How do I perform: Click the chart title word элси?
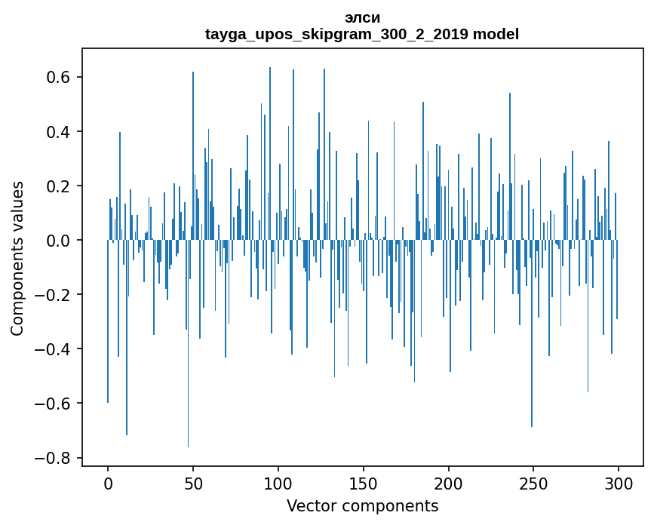(x=362, y=17)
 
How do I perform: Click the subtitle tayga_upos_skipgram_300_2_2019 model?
(x=362, y=34)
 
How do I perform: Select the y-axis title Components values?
(x=17, y=258)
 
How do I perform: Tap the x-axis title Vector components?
(x=362, y=505)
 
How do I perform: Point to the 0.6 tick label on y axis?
(x=58, y=78)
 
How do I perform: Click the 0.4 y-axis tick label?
(x=58, y=132)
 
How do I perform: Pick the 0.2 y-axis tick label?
(x=58, y=186)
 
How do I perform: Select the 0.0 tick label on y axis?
(x=58, y=241)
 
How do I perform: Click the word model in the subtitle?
(x=496, y=34)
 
